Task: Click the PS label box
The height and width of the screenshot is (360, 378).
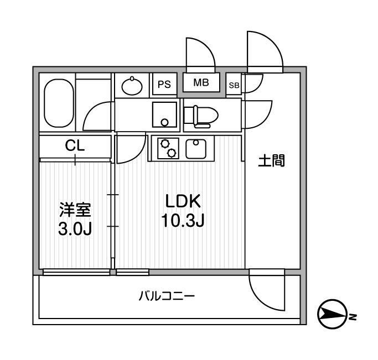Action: point(164,84)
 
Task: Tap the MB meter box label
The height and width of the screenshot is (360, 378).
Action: point(201,83)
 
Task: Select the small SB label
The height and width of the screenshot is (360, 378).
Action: point(234,85)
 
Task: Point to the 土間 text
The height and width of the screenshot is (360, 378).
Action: point(271,161)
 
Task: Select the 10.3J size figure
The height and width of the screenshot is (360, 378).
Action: point(183,221)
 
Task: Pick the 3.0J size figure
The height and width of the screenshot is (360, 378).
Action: point(75,228)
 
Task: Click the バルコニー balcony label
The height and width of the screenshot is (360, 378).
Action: point(166,296)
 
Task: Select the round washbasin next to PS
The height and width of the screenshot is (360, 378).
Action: point(132,86)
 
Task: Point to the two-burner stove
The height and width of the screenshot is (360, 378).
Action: point(169,148)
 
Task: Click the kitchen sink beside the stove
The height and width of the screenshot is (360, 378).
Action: point(196,148)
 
